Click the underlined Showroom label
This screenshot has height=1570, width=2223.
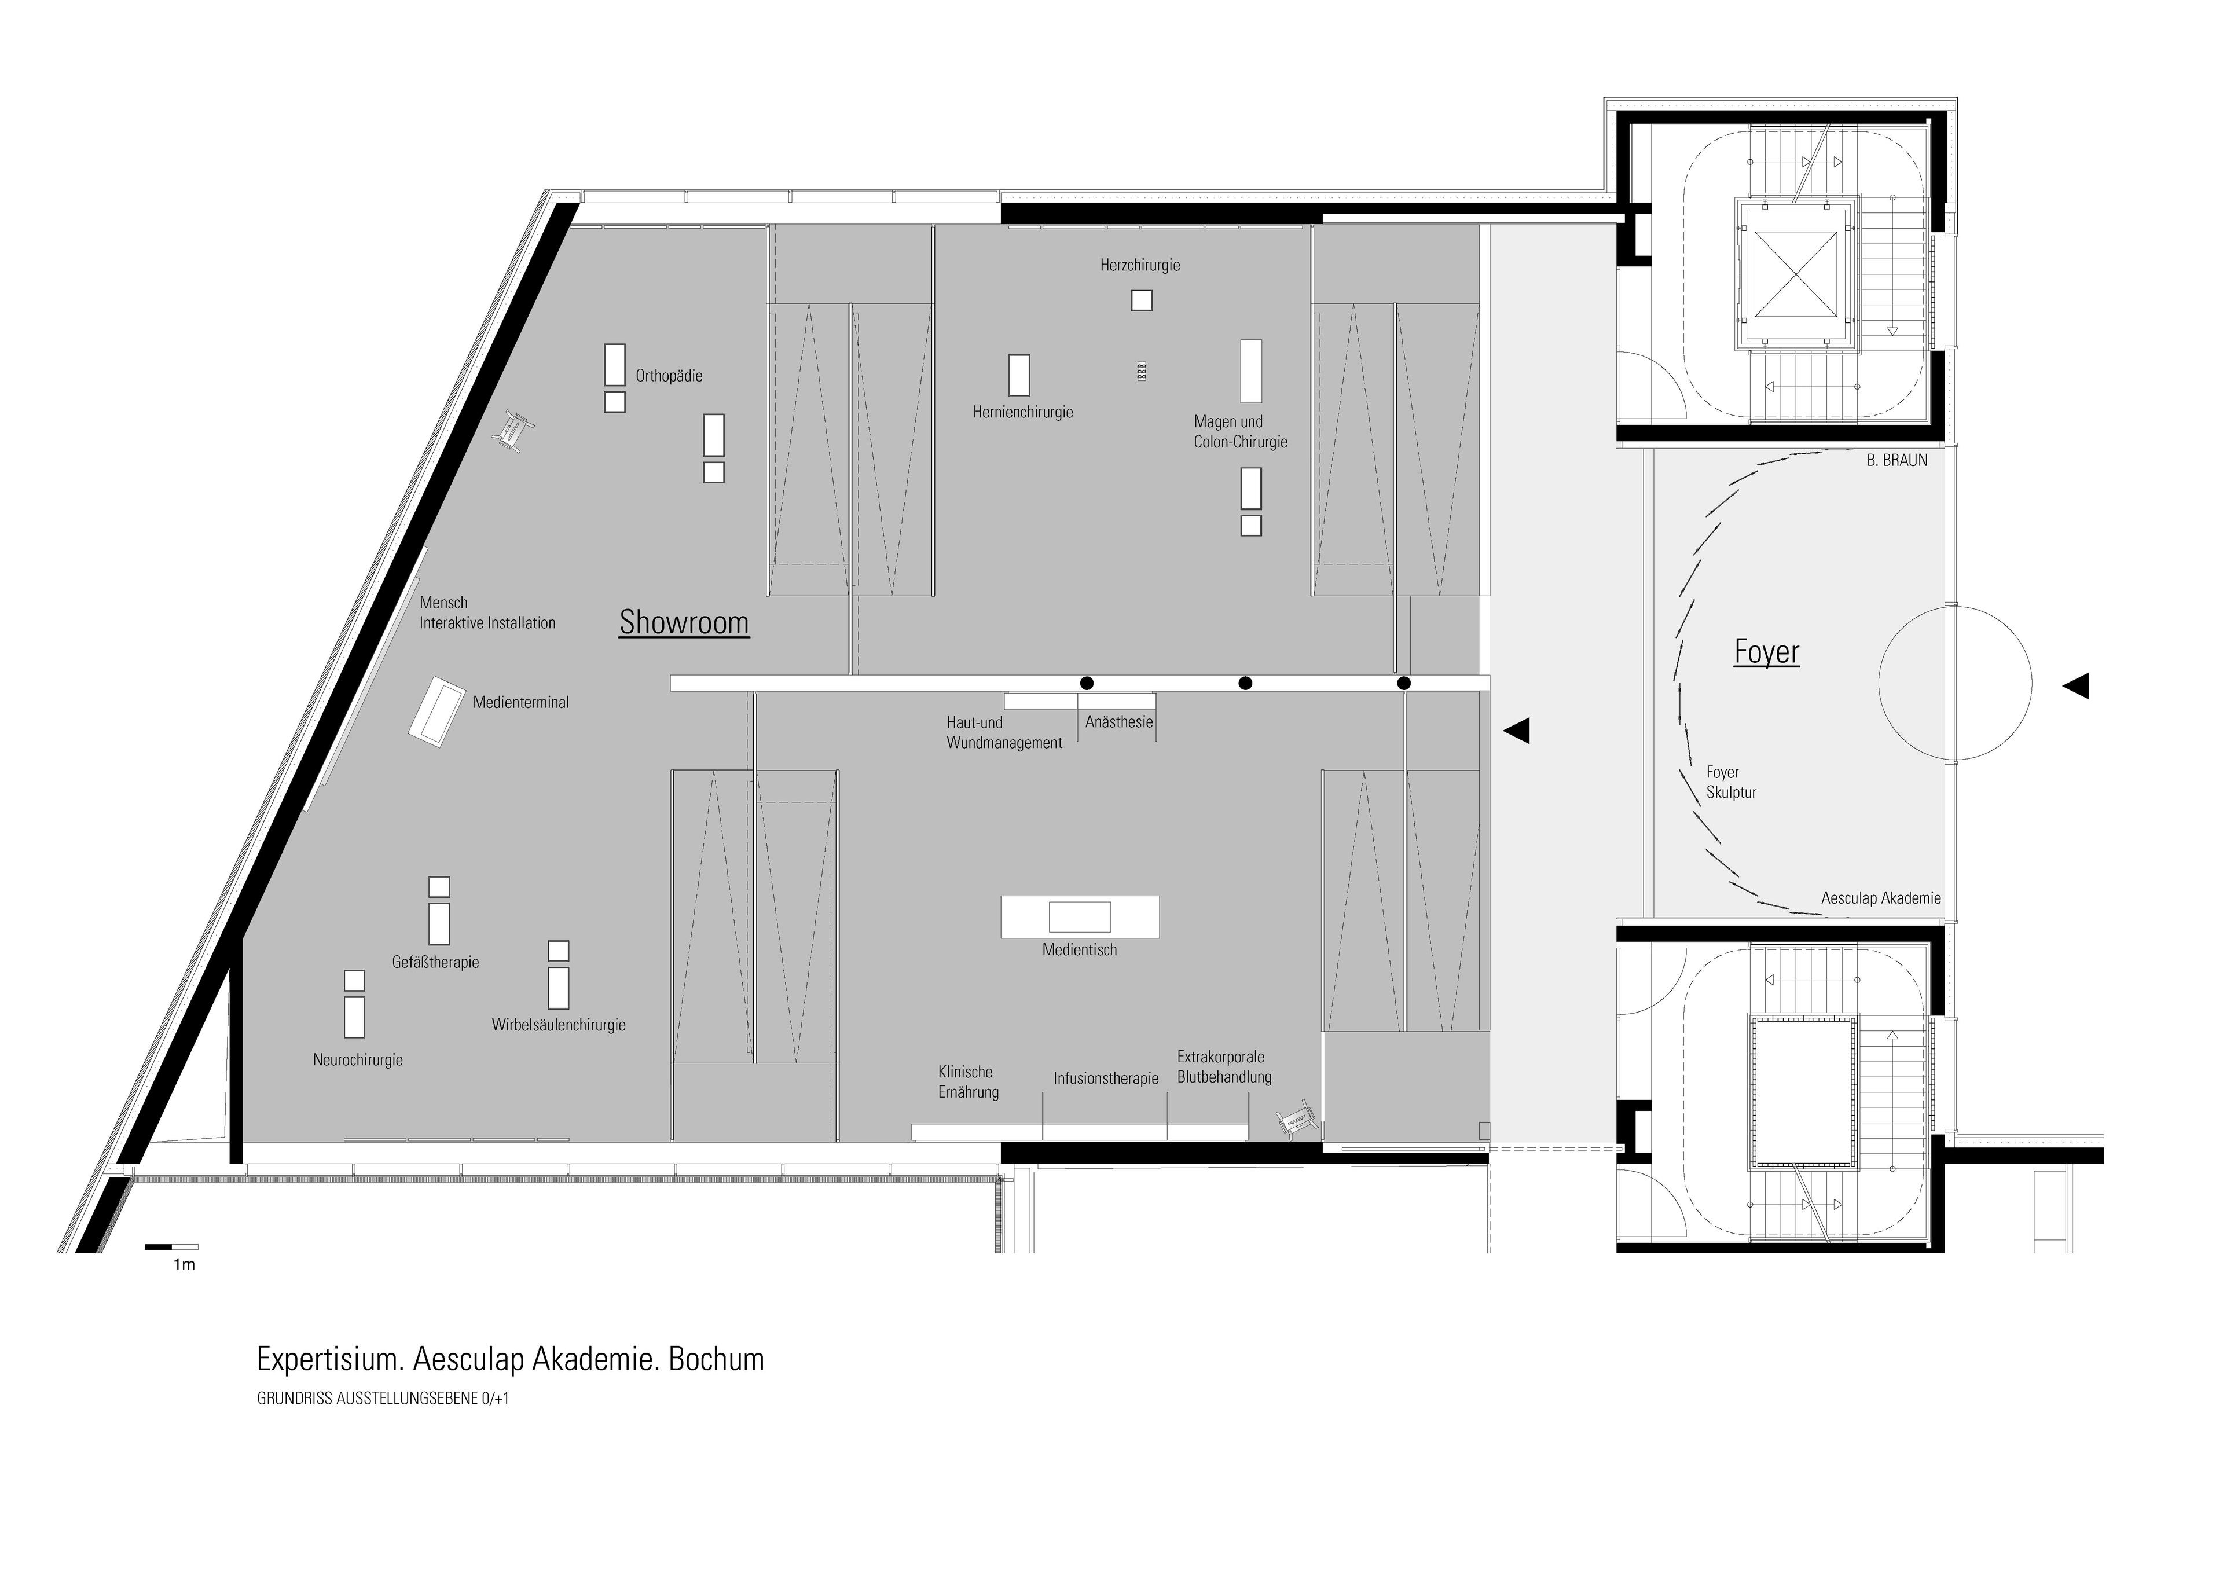coord(684,622)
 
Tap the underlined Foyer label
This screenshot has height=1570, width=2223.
coord(1766,652)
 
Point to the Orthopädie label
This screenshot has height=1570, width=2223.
coord(669,376)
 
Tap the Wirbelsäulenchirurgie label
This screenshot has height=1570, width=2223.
coord(559,1025)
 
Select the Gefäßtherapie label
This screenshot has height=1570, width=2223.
coord(436,962)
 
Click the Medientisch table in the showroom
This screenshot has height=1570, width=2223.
coord(1080,916)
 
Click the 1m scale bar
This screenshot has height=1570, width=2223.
coord(171,1247)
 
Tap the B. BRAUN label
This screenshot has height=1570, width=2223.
coord(1896,461)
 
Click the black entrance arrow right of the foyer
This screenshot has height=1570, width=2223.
coord(2076,686)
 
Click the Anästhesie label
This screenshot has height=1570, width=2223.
coord(1119,722)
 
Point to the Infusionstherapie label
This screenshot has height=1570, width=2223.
coord(1106,1079)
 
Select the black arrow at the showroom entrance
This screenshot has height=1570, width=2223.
coord(1516,731)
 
